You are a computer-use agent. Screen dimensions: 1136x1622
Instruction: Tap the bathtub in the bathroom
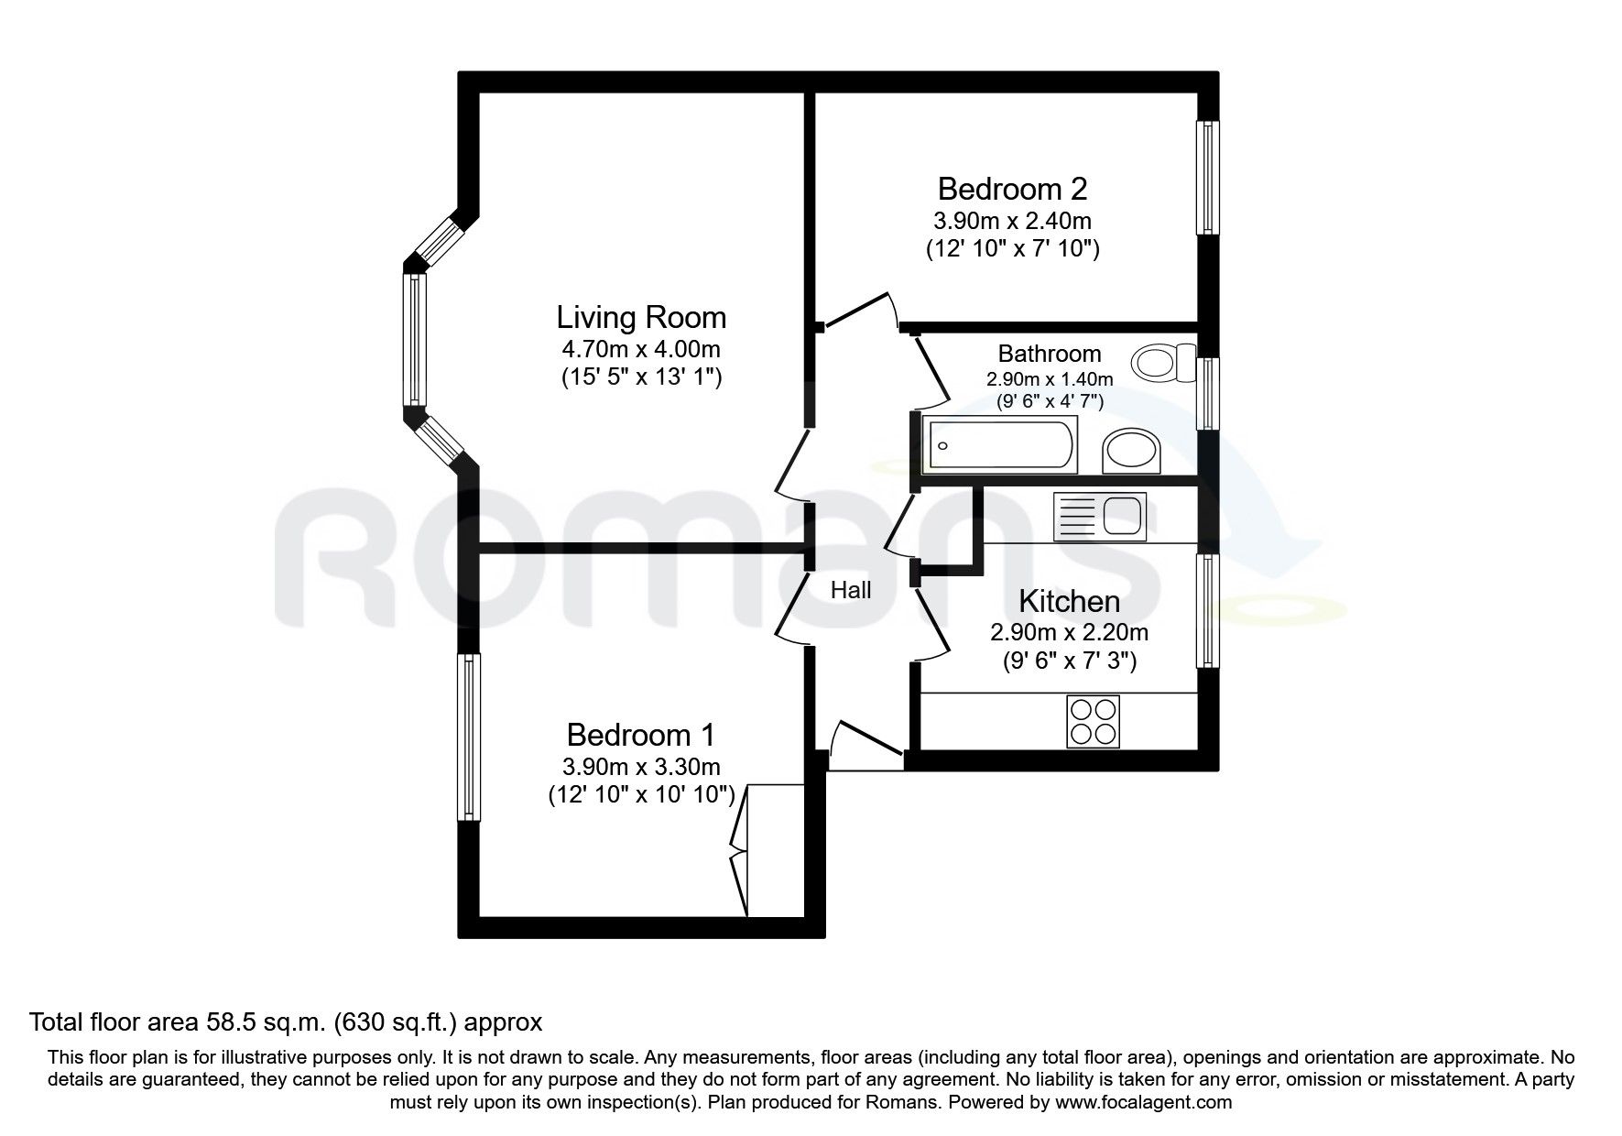[1000, 445]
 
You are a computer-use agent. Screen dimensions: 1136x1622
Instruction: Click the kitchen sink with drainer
[1100, 515]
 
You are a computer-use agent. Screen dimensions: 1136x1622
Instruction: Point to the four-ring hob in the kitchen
[1094, 721]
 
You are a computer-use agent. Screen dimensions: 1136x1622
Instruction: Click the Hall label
[851, 591]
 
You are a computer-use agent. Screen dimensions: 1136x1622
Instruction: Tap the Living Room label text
[641, 318]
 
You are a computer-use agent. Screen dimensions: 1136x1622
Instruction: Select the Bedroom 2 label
[1012, 190]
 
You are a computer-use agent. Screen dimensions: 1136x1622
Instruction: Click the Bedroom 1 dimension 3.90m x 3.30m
[641, 767]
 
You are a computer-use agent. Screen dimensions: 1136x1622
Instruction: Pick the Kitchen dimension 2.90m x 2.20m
[1069, 632]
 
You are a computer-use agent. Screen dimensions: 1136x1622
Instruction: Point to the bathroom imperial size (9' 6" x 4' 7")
[1050, 400]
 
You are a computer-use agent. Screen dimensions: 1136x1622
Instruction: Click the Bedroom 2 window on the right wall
[1209, 178]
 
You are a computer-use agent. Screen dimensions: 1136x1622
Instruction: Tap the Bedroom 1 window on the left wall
[468, 737]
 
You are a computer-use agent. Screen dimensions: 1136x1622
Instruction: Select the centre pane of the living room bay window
[415, 340]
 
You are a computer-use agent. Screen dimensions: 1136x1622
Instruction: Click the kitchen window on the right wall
[1209, 611]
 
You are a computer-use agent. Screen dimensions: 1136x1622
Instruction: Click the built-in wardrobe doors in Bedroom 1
[740, 848]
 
